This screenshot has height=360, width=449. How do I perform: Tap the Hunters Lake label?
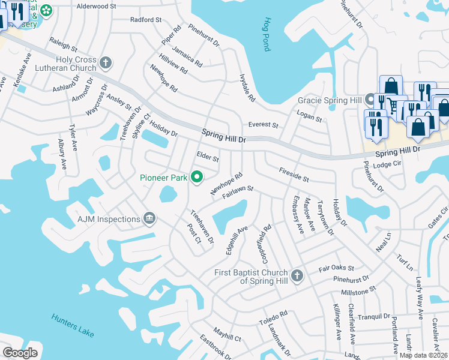[x=73, y=325]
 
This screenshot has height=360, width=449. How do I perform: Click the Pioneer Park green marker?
[x=196, y=177]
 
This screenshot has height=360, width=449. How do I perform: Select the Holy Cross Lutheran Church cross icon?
[x=106, y=62]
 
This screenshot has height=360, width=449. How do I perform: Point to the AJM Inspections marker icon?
[x=149, y=219]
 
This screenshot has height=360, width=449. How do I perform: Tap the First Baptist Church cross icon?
[x=296, y=277]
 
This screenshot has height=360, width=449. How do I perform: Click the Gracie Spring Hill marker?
[x=371, y=100]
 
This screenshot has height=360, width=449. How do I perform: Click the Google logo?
[x=20, y=352]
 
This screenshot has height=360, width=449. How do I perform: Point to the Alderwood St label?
[x=97, y=6]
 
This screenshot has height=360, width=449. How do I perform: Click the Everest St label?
[x=264, y=125]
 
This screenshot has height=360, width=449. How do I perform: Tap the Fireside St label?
[x=294, y=175]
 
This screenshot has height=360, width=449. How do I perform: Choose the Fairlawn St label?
[x=238, y=192]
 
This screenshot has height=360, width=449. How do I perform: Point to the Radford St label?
[x=146, y=20]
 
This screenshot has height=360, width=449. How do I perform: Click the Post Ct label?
[x=193, y=235]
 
